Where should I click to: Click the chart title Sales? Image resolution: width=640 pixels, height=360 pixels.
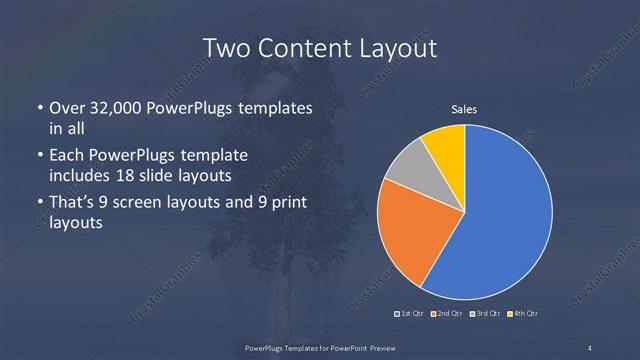[x=463, y=109]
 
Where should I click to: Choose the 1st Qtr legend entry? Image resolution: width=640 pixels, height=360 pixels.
[x=411, y=314]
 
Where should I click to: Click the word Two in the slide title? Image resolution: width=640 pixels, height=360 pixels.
[x=226, y=47]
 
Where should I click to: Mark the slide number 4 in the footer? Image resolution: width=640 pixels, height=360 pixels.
[x=590, y=347]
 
